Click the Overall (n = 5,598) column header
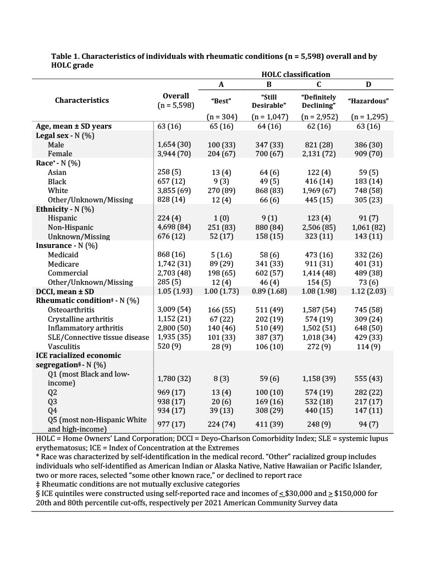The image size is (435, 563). (x=176, y=100)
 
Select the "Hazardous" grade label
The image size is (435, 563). (x=368, y=101)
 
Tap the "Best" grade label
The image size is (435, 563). (x=221, y=101)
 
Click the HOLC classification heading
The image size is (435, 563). (x=296, y=74)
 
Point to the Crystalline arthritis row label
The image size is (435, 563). (x=80, y=319)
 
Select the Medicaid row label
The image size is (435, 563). (x=63, y=255)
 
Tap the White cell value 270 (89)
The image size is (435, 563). (x=221, y=191)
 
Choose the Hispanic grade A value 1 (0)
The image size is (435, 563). (x=221, y=218)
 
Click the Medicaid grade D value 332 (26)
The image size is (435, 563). (x=368, y=255)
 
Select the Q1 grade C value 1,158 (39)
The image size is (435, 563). (x=319, y=378)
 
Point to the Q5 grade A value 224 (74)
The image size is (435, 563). (x=221, y=424)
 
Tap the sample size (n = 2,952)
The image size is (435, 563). (x=319, y=117)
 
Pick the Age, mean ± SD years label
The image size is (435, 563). (x=74, y=126)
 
